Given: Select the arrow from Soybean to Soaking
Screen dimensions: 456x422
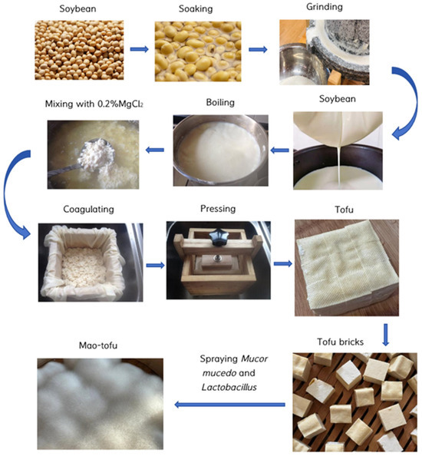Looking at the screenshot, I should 139,50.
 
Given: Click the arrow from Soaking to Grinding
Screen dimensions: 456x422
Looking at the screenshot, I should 257,50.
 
